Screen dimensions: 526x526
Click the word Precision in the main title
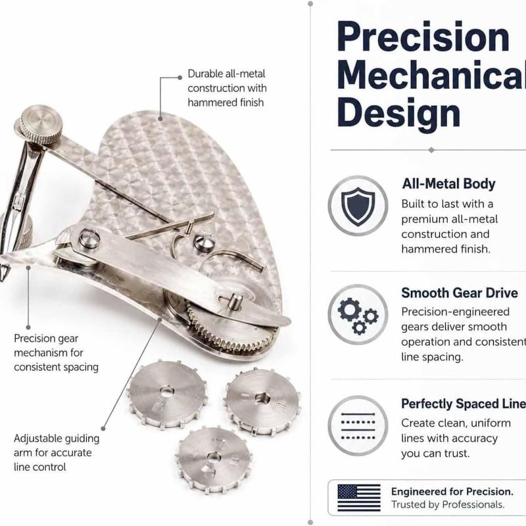[x=423, y=36]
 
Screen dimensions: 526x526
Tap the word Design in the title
[x=399, y=113]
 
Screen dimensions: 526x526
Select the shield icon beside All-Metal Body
[x=358, y=206]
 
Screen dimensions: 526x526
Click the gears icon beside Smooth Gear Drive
[x=358, y=315]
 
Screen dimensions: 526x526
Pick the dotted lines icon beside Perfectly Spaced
[x=358, y=425]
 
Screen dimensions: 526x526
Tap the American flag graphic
[x=359, y=498]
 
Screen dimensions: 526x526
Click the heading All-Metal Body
[x=448, y=184]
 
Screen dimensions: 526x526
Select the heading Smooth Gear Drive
[x=460, y=293]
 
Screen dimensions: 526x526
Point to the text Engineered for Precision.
[x=452, y=491]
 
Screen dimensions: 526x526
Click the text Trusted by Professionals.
[x=448, y=504]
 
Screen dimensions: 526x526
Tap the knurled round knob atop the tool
[x=41, y=124]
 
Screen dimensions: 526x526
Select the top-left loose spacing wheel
[x=167, y=395]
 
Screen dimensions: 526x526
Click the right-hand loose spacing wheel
[x=262, y=401]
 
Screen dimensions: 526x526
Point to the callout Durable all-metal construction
[x=227, y=88]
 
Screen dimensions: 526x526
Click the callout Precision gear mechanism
[x=56, y=353]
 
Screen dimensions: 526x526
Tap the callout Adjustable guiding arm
[x=57, y=453]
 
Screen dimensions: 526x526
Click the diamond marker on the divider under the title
[x=431, y=150]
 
